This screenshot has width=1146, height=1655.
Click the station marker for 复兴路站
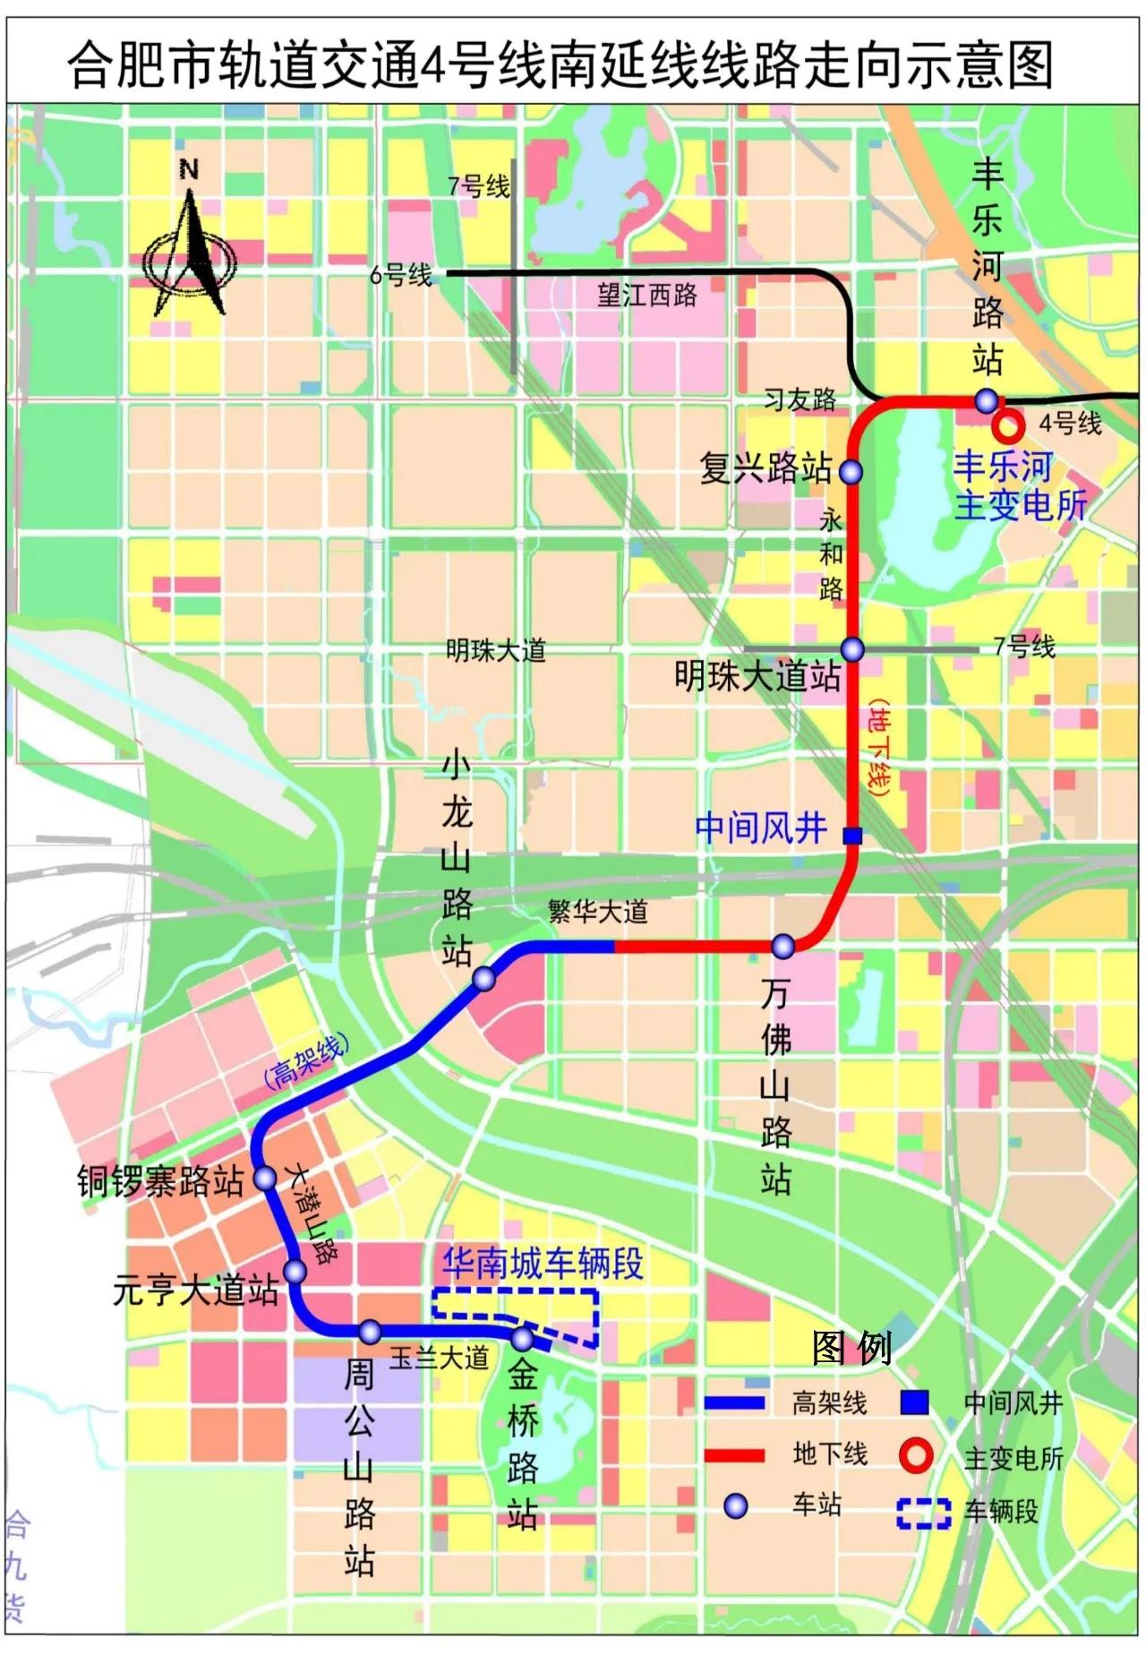tap(851, 471)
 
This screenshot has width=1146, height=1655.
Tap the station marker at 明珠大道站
tap(852, 649)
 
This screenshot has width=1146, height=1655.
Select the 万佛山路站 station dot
tap(783, 946)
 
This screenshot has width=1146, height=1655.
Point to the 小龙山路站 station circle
tap(483, 979)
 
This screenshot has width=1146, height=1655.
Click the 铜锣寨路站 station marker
tap(265, 1178)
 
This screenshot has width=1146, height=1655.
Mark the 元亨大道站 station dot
tap(295, 1271)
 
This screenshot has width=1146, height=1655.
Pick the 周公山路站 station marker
tap(370, 1332)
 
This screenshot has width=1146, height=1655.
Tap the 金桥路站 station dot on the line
tap(523, 1339)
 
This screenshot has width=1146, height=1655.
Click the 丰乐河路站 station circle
tap(986, 399)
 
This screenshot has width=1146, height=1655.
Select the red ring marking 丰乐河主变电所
tap(1008, 426)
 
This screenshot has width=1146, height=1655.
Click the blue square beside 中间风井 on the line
tap(853, 836)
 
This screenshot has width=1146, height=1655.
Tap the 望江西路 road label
tap(646, 296)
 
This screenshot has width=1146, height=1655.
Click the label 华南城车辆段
tap(543, 1264)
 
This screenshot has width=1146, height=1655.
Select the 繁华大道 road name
tap(597, 913)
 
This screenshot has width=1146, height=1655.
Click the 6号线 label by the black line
tap(400, 275)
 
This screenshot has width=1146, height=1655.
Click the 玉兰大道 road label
tap(439, 1358)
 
